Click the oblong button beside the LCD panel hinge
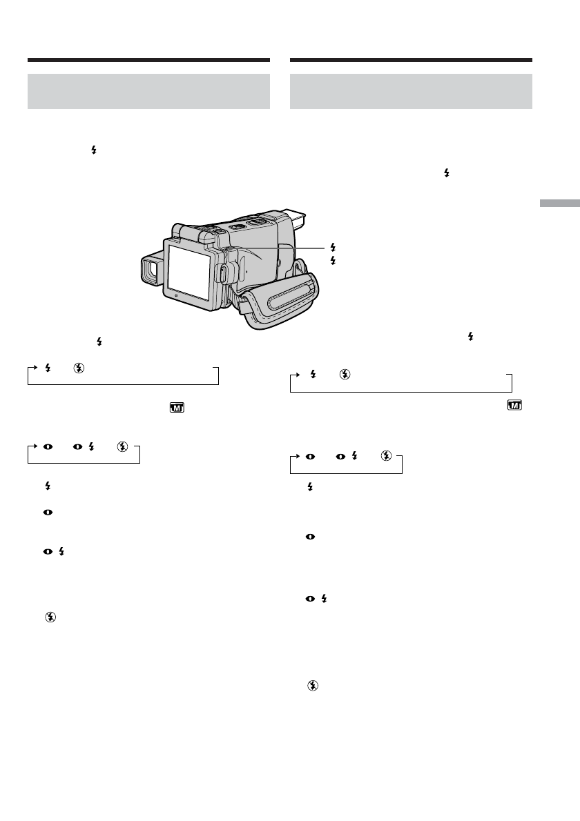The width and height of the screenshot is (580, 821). point(224,273)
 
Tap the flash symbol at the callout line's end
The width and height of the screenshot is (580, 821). point(333,246)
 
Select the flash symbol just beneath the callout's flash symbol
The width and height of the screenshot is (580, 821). point(333,260)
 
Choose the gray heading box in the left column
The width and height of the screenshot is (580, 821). point(148,91)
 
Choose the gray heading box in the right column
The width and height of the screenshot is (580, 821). point(411,91)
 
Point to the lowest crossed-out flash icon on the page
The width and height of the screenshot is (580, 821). point(313,685)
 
